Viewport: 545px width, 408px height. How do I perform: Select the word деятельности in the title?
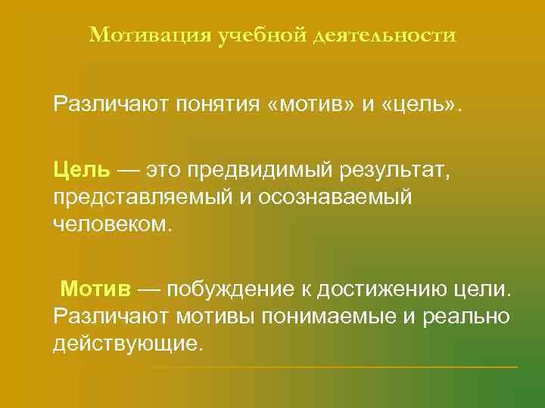tap(384, 36)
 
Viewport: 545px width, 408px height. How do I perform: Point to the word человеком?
tap(113, 224)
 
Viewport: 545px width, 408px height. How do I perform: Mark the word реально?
tap(467, 317)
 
